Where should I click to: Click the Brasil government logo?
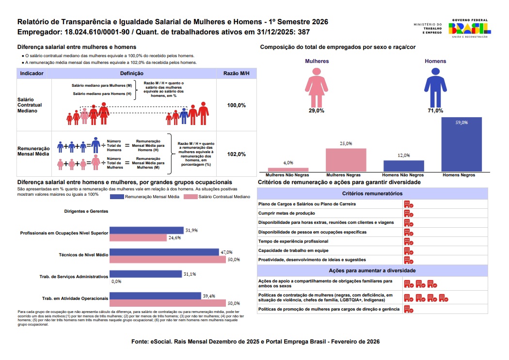(x=470, y=28)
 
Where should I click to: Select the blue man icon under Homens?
(x=435, y=87)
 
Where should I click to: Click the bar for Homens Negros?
(x=461, y=144)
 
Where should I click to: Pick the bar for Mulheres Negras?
(x=346, y=159)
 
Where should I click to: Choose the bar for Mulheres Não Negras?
(x=288, y=170)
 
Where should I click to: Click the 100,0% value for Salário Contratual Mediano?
(x=237, y=105)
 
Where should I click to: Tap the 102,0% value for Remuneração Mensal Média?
(x=237, y=154)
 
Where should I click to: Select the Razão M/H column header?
(x=237, y=74)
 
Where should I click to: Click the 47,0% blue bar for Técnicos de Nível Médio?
(x=164, y=252)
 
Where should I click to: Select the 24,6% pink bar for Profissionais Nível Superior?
(x=138, y=237)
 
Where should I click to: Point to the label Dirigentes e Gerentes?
(x=86, y=211)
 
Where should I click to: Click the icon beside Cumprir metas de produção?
(x=408, y=213)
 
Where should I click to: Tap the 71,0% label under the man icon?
(x=435, y=111)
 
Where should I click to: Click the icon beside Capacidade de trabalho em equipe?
(x=408, y=250)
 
